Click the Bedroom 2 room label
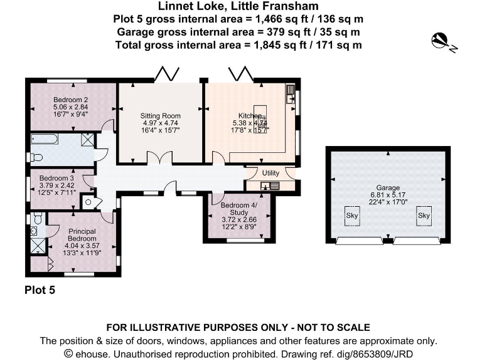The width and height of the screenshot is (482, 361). click(x=70, y=100)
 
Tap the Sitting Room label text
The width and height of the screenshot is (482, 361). click(x=160, y=115)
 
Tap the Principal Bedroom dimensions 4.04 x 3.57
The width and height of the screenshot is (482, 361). click(x=82, y=246)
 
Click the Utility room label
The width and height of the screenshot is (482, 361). click(x=270, y=173)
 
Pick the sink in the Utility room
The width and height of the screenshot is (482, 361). click(x=270, y=185)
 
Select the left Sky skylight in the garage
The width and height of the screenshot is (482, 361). click(x=352, y=215)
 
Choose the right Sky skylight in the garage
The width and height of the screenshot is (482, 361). click(x=424, y=215)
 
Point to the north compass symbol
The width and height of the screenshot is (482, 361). click(x=443, y=42)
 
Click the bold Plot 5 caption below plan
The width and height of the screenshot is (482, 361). click(x=40, y=290)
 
